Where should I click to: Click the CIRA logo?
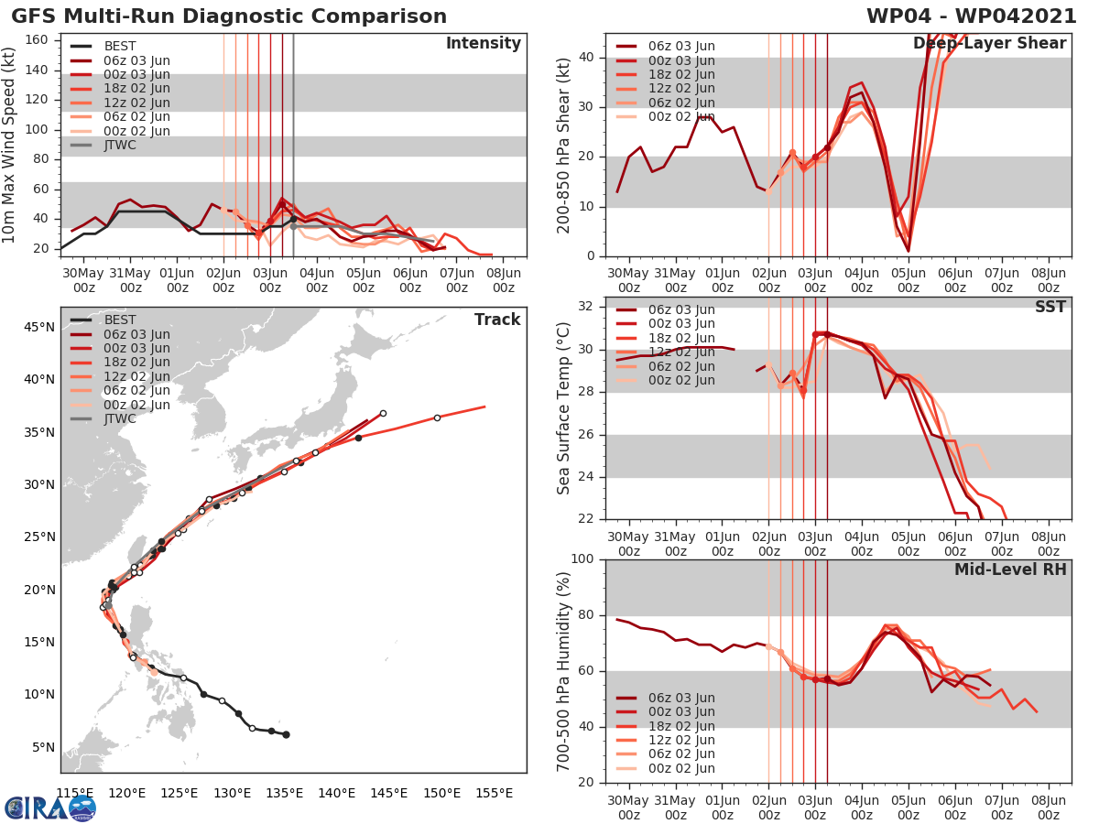[50, 808]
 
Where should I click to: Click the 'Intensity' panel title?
[483, 44]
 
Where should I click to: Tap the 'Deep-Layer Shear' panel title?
[989, 44]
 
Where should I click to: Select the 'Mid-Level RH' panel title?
[1010, 569]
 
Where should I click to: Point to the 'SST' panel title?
[1049, 307]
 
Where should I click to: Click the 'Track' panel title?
[497, 320]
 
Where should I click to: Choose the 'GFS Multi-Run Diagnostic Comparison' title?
[230, 16]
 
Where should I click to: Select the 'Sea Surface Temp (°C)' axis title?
[563, 407]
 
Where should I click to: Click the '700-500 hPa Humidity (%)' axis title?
[563, 670]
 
